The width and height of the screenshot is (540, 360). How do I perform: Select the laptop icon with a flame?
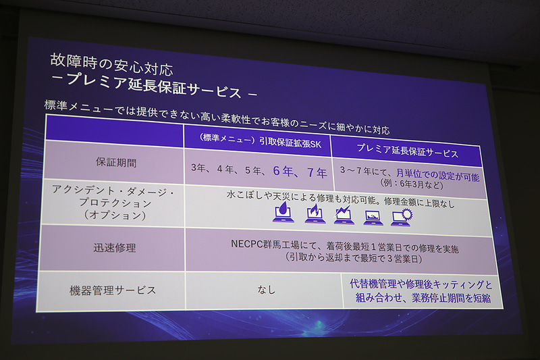coord(315,213)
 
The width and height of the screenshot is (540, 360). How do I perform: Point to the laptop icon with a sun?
coord(402,217)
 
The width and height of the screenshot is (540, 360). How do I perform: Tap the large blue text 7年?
coord(317,174)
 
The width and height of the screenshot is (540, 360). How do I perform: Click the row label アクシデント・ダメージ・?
coord(113,190)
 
